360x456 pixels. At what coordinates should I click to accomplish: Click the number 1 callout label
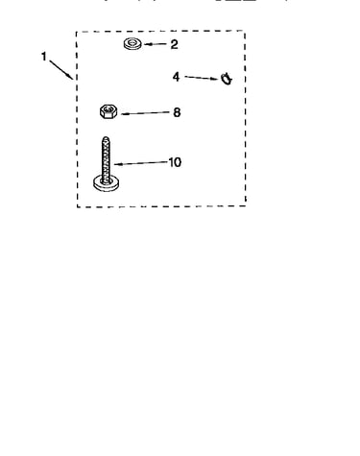coord(44,57)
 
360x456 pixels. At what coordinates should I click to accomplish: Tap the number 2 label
coord(174,44)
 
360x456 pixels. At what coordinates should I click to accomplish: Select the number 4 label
coord(176,77)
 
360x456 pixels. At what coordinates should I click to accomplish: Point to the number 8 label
coord(177,112)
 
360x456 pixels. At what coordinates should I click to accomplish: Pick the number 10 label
coord(175,162)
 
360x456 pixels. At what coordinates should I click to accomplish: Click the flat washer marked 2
coord(132,44)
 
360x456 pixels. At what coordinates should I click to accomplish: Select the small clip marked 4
coord(227,79)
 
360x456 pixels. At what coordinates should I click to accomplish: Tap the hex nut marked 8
coord(108,111)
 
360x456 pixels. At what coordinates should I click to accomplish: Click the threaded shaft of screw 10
coord(106,159)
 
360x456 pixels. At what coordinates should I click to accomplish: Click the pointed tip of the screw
coord(106,137)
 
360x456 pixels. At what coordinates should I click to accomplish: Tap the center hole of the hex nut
coord(108,110)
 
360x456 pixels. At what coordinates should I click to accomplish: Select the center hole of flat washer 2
coord(132,42)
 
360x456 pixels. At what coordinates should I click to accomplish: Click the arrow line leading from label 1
coord(61,70)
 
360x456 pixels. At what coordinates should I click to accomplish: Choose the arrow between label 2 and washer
coord(156,44)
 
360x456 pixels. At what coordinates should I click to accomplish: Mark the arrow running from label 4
coord(202,78)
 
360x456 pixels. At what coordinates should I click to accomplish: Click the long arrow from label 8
coord(145,113)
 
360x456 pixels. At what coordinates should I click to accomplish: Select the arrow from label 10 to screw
coord(141,163)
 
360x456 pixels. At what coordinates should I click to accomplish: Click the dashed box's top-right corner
coord(245,31)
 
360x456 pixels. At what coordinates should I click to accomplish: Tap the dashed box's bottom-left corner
coord(77,207)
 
